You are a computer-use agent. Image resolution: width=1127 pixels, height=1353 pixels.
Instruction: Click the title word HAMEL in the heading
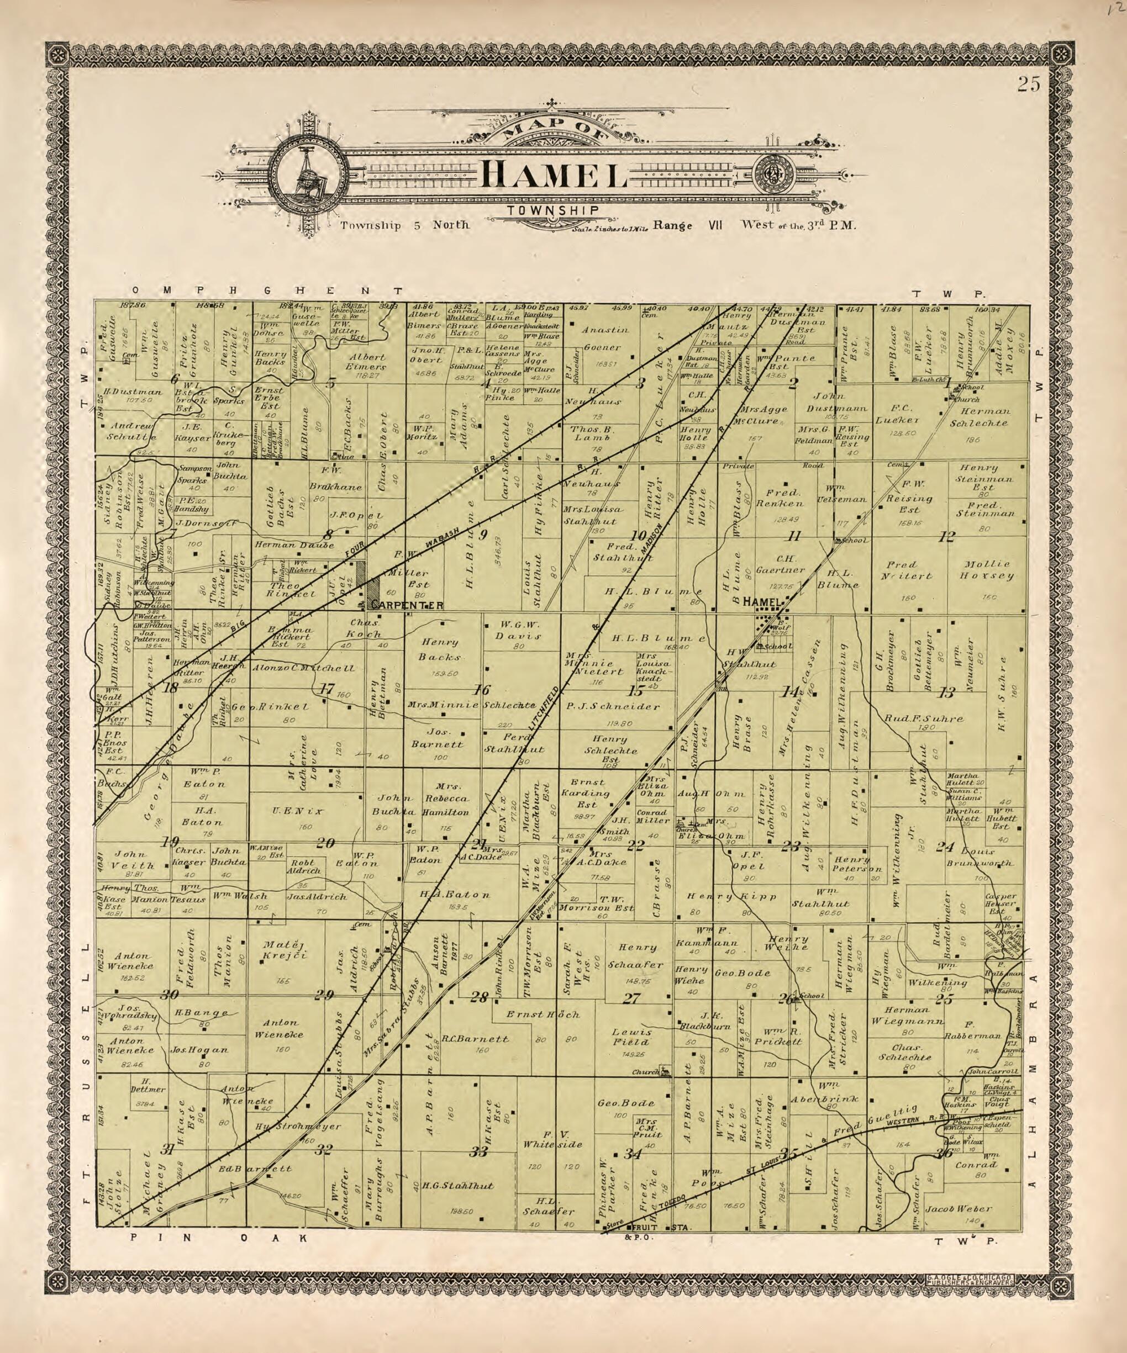coord(554,174)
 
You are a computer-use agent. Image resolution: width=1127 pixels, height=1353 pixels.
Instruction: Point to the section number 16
coord(481,690)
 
